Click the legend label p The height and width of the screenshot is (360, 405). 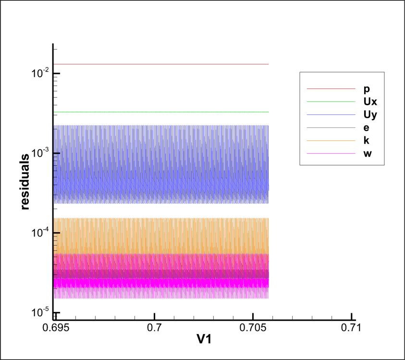coord(367,89)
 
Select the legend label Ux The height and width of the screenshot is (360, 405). coord(370,101)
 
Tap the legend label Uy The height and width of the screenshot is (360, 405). coord(370,114)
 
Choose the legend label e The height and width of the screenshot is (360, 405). coord(367,127)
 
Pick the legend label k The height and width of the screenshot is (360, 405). coord(367,140)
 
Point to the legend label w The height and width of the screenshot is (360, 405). coord(368,153)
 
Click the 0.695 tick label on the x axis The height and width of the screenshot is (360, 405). coord(56,329)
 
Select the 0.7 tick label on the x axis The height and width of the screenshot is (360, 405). coord(155,329)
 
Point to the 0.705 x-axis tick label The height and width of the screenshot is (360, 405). coord(253,329)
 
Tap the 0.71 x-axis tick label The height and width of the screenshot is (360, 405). coord(351,329)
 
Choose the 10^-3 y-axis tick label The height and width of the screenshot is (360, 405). coord(39,152)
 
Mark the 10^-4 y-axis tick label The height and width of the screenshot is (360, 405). coord(39,232)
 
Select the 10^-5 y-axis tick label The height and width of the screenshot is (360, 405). coord(39,312)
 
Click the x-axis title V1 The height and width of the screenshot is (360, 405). coord(205,340)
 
